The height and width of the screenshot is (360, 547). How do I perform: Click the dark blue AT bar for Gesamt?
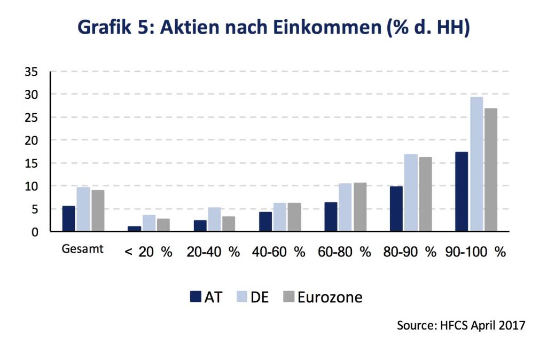click(68, 219)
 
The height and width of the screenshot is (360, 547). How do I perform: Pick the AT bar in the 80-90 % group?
click(396, 209)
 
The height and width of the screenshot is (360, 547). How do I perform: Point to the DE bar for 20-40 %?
click(214, 220)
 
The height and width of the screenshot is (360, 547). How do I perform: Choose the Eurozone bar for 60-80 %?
click(360, 207)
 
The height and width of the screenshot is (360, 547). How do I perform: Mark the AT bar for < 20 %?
click(135, 229)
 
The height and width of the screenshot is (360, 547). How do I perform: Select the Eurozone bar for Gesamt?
click(97, 211)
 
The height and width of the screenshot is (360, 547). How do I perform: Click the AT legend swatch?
click(196, 296)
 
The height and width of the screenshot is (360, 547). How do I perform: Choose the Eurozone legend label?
click(330, 297)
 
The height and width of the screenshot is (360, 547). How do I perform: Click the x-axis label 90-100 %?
click(475, 252)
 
